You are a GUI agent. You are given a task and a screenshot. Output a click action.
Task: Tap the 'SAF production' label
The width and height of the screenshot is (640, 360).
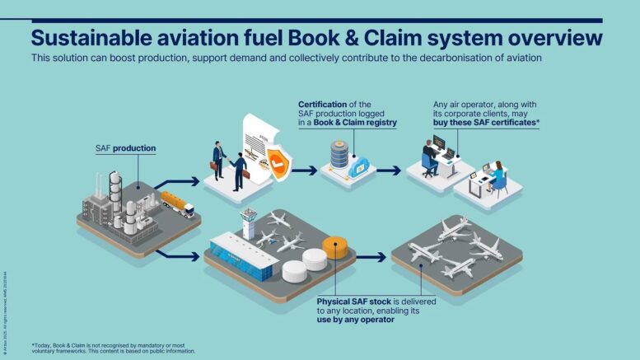coord(125,148)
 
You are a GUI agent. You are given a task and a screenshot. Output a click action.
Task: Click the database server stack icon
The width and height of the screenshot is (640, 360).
coord(339,155)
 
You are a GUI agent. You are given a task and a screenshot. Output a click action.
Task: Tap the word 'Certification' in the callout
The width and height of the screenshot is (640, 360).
coord(323,105)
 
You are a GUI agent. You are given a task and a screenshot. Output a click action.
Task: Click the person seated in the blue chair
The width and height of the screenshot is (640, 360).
coord(429,158)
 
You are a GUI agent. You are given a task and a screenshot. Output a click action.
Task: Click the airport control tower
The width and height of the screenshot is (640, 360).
coord(248,221)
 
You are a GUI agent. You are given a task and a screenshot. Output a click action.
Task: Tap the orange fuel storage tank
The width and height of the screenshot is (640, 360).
coord(335,246)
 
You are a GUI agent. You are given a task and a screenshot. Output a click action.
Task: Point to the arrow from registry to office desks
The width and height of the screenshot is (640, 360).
coord(390,171)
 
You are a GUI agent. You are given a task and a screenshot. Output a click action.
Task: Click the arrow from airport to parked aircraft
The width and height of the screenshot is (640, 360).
coord(371,257)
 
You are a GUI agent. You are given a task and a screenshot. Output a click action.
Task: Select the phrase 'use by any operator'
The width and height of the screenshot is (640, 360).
coord(356,319)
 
